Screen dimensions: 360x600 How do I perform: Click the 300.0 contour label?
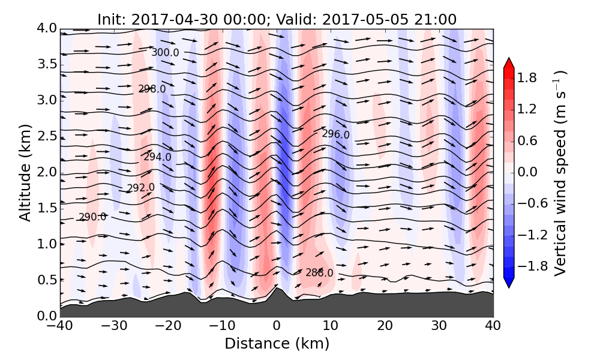tap(165, 53)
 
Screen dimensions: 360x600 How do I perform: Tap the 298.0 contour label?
tap(152, 89)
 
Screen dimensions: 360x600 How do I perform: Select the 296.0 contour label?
tap(335, 134)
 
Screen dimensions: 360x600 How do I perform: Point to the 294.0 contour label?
tap(157, 157)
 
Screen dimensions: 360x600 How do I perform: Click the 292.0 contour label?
tap(140, 188)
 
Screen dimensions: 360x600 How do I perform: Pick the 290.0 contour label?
tap(92, 217)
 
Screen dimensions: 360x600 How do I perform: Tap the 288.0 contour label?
tap(319, 273)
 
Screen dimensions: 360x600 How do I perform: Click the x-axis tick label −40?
tap(60, 327)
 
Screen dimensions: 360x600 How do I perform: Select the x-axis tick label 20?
tap(385, 327)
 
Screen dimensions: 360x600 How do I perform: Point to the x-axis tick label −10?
tap(222, 327)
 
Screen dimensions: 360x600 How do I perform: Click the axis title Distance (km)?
tap(277, 344)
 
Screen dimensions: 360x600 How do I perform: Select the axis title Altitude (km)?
tap(25, 172)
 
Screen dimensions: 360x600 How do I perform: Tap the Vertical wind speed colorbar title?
tap(560, 173)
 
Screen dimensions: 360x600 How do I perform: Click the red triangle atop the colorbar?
tap(508, 62)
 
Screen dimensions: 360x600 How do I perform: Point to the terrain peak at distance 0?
tap(276, 287)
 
